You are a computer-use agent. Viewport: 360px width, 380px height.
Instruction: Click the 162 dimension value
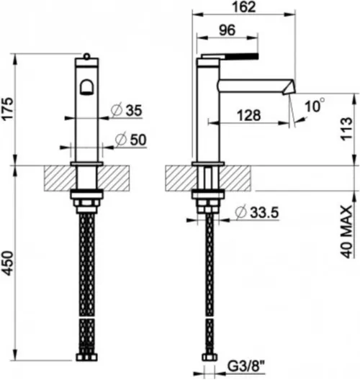pos(244,6)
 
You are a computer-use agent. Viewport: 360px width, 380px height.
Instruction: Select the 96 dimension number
pos(227,30)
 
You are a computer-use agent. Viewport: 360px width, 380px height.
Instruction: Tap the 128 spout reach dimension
pos(248,115)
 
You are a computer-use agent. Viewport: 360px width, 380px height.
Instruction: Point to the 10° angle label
pos(314,105)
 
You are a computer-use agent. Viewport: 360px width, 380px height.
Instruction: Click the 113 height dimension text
pos(346,129)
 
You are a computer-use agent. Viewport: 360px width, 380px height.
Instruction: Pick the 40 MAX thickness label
pos(346,232)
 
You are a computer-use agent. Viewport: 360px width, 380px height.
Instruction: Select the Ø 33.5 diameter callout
pos(257,212)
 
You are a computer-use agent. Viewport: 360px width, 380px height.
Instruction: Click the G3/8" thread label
pos(246,367)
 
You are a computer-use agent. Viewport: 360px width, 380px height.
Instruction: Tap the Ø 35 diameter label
pos(126,111)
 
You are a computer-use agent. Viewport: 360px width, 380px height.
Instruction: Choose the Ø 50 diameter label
pos(131,140)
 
